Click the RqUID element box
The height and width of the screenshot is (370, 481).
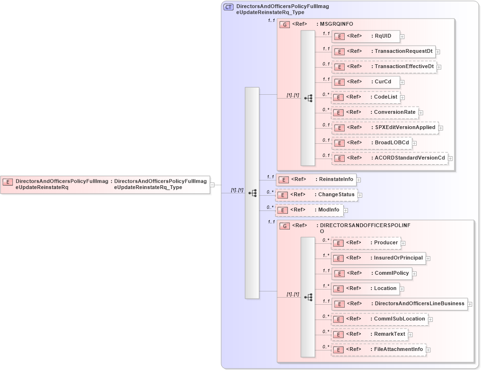click(x=366, y=36)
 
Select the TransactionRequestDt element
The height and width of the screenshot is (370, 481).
click(x=383, y=51)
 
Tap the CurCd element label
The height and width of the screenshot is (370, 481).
click(x=383, y=82)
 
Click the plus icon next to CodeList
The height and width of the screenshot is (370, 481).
click(x=402, y=98)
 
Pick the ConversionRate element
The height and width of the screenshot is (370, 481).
click(x=375, y=113)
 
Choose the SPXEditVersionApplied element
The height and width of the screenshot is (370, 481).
click(x=385, y=128)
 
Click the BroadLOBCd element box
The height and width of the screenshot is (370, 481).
click(x=371, y=143)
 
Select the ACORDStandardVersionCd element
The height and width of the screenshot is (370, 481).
click(x=389, y=158)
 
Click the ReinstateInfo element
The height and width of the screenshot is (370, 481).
click(x=317, y=180)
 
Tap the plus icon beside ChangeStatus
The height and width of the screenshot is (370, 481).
click(x=360, y=195)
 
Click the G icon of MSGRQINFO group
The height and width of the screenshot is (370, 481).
click(x=285, y=24)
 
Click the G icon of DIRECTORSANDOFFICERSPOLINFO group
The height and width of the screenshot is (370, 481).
click(x=285, y=226)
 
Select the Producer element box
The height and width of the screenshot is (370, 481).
click(x=366, y=243)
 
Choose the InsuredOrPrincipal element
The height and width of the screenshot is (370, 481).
click(x=379, y=258)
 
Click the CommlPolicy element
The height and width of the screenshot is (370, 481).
click(x=371, y=273)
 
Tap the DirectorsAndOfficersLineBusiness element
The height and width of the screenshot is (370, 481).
click(x=399, y=304)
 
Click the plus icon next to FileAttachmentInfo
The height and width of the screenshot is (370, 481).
click(x=428, y=350)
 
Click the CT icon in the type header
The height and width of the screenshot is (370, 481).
click(x=229, y=7)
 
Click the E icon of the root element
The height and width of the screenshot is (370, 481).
click(x=8, y=181)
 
